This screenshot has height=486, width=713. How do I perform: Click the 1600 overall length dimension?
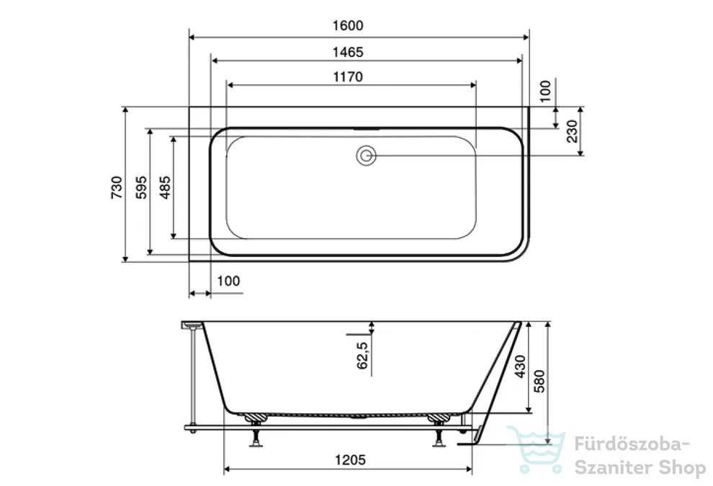[348, 25]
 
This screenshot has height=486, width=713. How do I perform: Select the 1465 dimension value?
[348, 53]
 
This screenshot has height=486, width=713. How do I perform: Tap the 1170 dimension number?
[348, 77]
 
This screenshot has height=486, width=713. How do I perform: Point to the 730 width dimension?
[117, 187]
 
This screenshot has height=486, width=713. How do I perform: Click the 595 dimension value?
[141, 187]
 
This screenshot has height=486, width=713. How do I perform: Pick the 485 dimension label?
[165, 187]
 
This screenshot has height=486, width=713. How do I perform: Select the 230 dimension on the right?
[572, 131]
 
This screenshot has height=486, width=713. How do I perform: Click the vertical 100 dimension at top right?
[544, 91]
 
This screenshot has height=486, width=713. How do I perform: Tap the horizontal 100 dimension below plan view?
[228, 281]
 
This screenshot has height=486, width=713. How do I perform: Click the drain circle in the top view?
[366, 156]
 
